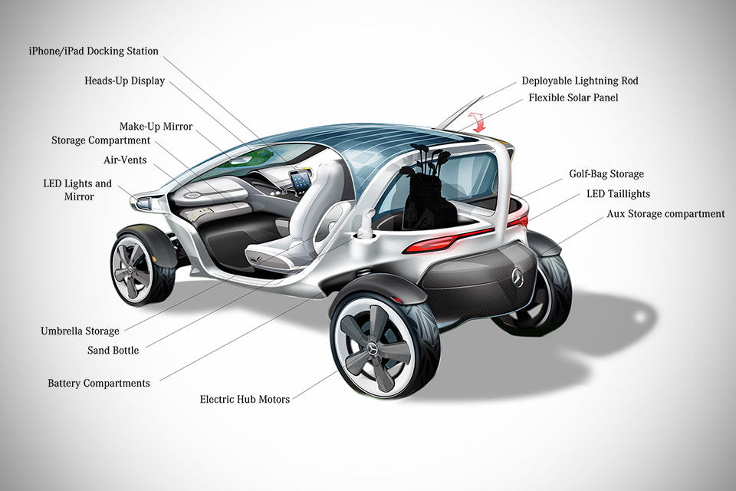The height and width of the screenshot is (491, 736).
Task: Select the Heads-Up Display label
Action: (124, 81)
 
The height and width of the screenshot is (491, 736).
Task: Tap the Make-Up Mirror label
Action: (156, 126)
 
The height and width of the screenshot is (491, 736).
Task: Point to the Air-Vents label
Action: (125, 160)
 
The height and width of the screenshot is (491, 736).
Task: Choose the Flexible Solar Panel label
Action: (573, 97)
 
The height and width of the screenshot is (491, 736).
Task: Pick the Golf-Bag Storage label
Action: (606, 174)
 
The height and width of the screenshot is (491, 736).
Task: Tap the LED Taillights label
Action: (619, 194)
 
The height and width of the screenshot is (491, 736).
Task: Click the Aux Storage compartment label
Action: (665, 213)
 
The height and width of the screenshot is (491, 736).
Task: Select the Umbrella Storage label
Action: (80, 331)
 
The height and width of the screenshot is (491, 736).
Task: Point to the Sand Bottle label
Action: (113, 351)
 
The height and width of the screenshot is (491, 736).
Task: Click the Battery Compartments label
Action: (99, 383)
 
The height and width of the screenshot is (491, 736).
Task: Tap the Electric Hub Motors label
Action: (245, 399)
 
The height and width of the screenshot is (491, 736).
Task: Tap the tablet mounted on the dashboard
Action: (301, 181)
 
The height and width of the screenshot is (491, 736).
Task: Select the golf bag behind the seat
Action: (422, 192)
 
